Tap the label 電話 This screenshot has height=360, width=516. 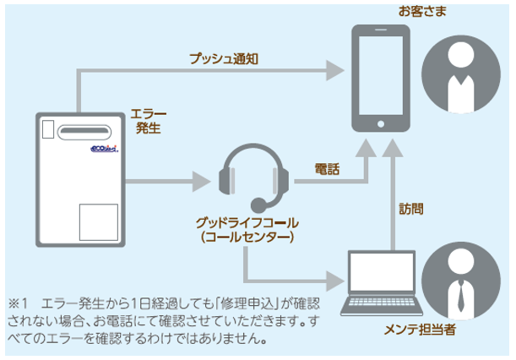tap(327, 169)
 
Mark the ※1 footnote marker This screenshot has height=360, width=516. tap(20, 302)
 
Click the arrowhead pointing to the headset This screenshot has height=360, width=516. tap(200, 180)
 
